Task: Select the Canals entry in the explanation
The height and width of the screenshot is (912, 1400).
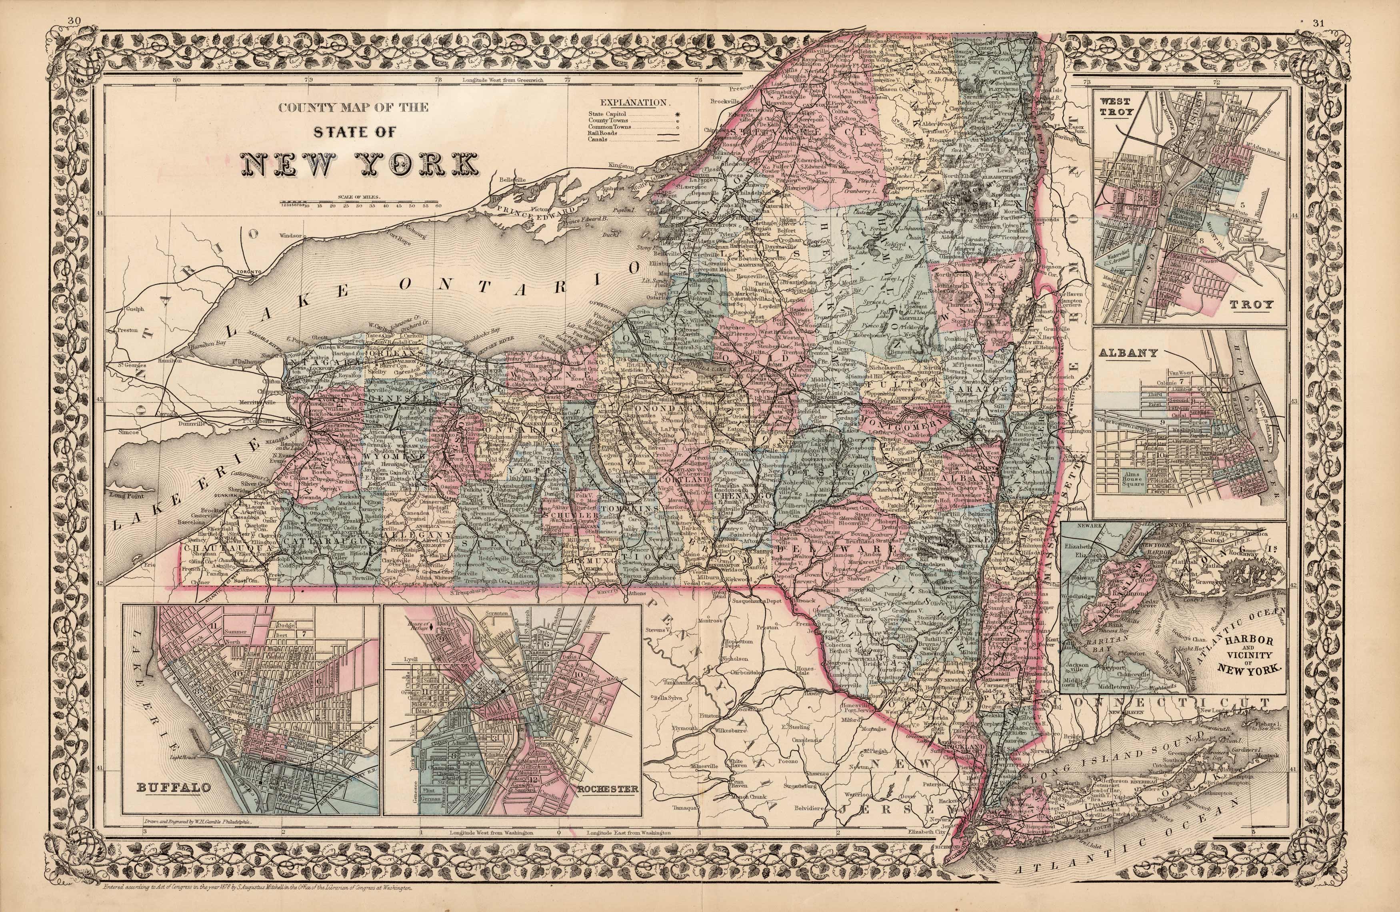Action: (597, 140)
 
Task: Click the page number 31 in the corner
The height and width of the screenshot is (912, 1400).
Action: (1330, 6)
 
